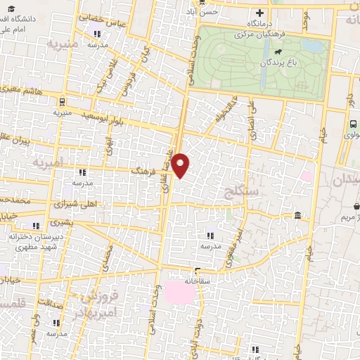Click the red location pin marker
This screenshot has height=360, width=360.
click(x=181, y=165)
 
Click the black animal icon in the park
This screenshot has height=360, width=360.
click(x=280, y=52)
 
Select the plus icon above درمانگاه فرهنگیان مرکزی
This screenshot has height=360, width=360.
click(x=259, y=13)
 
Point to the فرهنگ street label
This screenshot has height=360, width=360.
click(x=146, y=170)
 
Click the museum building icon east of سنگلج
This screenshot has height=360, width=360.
click(x=298, y=215)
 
